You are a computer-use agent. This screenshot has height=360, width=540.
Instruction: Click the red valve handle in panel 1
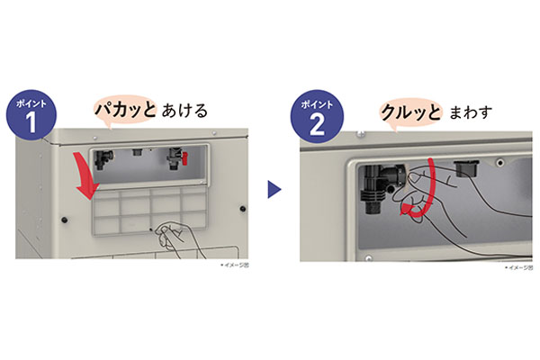point(179,164)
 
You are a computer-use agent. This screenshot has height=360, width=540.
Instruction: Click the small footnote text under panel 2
point(516,267)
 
